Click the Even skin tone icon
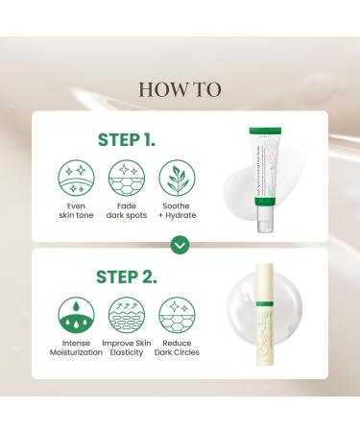click(76, 179)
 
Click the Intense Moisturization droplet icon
click(76, 316)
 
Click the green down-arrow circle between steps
click(180, 245)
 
